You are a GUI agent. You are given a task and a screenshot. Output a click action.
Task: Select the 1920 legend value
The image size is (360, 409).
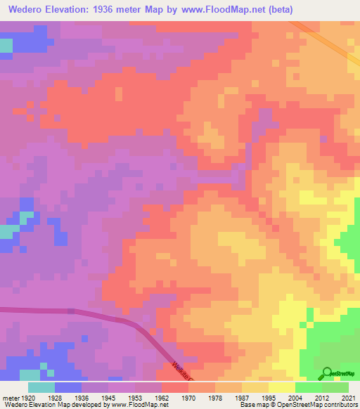29,397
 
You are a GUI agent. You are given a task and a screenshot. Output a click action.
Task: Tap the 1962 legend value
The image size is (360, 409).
161,397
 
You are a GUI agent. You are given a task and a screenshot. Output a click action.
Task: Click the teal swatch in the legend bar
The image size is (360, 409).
41,387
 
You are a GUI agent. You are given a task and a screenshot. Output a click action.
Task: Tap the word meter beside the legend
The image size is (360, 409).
11,397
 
